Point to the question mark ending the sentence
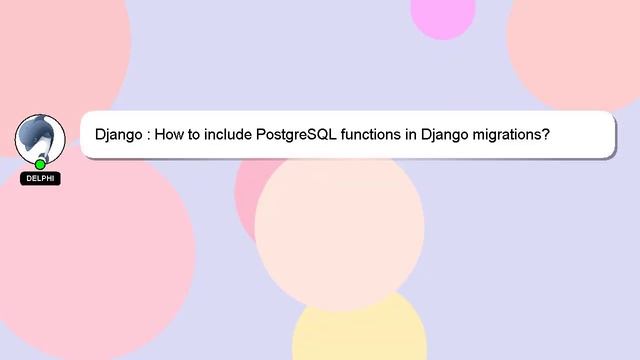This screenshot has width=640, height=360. (x=546, y=134)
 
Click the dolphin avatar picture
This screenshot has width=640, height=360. (x=40, y=138)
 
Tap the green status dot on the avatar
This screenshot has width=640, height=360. (x=40, y=164)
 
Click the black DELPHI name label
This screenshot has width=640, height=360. (x=40, y=179)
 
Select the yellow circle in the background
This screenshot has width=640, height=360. (x=360, y=330)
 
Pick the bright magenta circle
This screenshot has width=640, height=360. (x=442, y=14)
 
